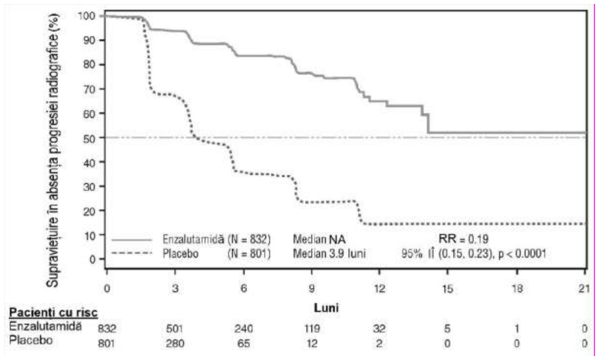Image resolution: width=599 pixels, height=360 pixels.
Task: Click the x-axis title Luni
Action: (x=327, y=307)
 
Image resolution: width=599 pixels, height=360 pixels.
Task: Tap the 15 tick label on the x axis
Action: (x=447, y=288)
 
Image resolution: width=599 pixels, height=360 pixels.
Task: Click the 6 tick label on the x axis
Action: (x=243, y=288)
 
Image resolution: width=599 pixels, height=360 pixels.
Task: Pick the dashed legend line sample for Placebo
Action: (x=132, y=252)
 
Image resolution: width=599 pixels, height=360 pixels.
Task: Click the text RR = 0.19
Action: (x=463, y=239)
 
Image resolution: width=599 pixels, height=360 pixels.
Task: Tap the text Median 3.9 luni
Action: (x=329, y=254)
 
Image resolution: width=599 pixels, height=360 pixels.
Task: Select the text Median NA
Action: (x=319, y=239)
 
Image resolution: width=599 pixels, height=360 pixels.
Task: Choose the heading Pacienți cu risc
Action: (x=53, y=312)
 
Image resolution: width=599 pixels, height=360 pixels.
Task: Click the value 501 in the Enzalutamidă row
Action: (x=175, y=329)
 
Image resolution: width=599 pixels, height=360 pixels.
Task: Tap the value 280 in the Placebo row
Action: (x=175, y=344)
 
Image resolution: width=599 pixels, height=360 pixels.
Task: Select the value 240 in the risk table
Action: (x=244, y=329)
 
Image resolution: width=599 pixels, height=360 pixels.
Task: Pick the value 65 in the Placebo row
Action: (x=244, y=344)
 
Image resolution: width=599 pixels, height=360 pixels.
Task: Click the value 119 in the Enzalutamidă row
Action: (x=312, y=329)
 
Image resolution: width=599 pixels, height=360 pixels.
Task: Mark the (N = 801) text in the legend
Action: (x=249, y=254)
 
